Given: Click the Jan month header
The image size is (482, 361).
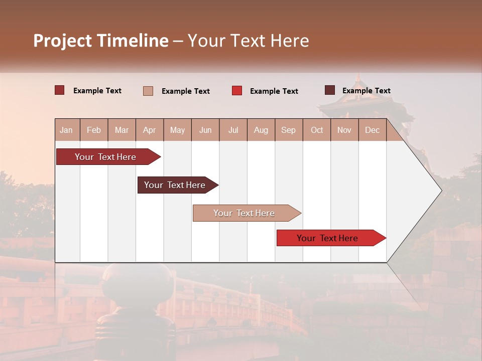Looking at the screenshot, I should point(66,130).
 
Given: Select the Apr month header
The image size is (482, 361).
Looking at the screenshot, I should point(150,130).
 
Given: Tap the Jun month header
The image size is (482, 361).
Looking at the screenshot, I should point(205,130).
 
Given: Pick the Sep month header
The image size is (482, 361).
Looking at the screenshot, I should point(288,130).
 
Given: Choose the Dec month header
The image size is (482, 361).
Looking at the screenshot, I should point(372,130).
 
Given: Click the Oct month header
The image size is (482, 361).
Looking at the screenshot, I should point(317,130).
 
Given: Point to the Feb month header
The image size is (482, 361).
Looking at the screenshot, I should point(94,130).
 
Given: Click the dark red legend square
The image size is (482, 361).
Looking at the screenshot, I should point(59,90).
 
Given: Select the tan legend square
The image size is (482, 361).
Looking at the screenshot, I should point(148,91).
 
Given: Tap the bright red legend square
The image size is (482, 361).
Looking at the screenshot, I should point(237,90).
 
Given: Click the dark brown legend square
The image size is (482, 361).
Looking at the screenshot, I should point(330,90).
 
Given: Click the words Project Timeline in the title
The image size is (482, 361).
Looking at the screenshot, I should point(100,41).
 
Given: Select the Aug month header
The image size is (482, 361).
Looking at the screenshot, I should point(261,130).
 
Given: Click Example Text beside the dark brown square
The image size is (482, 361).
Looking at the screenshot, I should point(366,90).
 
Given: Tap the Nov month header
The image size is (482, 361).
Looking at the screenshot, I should point(344,130).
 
